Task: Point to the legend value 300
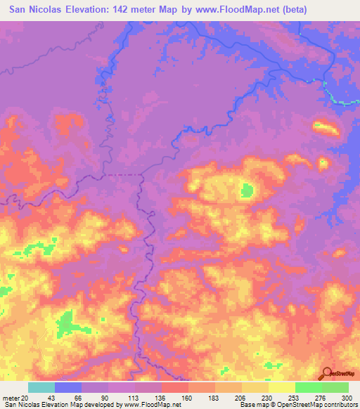pos(345,397)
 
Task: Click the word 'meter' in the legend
pos(11,397)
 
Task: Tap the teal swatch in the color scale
pos(41,387)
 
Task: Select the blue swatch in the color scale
pos(68,387)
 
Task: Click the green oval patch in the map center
pos(247,190)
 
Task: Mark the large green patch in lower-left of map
pos(68,324)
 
